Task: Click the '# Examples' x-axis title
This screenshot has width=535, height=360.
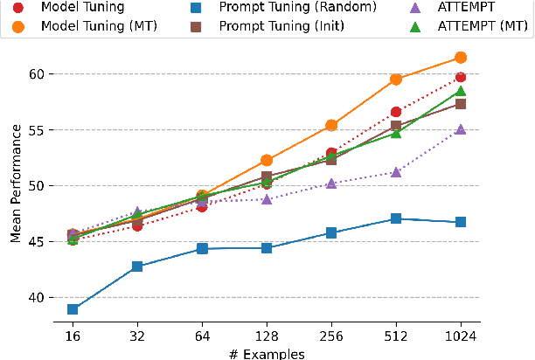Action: tap(267, 353)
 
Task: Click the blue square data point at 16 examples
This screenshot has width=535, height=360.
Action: tap(73, 309)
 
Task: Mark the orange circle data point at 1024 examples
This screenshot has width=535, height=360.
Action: tap(461, 58)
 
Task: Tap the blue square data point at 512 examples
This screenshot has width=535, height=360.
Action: tap(396, 218)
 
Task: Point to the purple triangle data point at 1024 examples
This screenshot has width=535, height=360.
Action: tap(461, 128)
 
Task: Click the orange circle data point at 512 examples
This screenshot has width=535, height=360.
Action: tap(396, 79)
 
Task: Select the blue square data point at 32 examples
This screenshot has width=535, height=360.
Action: tap(137, 267)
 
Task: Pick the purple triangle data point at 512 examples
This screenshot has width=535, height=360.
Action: tap(396, 172)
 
